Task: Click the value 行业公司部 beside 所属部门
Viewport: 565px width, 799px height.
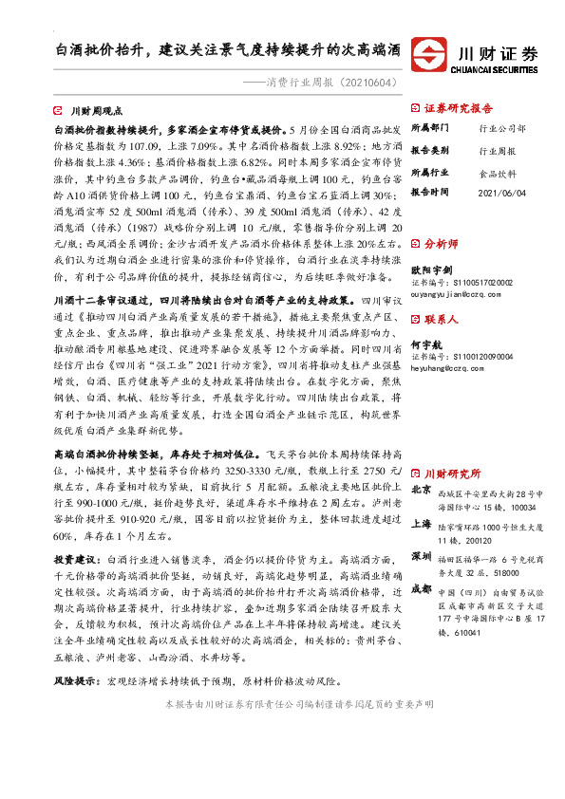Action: (502, 127)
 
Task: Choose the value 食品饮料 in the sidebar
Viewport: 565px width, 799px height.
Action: (497, 172)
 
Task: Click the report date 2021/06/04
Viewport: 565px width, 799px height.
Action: (501, 193)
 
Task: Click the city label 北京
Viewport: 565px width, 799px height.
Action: (423, 490)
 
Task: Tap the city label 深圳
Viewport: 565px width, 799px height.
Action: (423, 553)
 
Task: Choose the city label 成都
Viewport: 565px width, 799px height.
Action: (423, 589)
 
